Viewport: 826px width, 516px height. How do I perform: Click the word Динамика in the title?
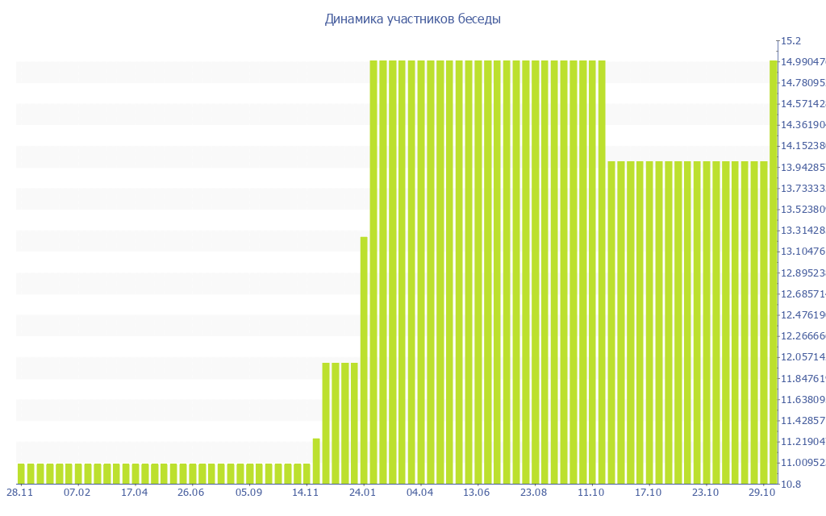(x=351, y=19)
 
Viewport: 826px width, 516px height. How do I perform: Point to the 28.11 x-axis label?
(x=20, y=492)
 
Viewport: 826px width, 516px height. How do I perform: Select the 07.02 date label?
(x=77, y=492)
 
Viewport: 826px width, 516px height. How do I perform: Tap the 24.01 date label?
(x=363, y=492)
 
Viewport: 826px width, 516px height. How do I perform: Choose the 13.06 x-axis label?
(x=477, y=492)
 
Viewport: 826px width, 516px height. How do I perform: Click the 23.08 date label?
(x=534, y=492)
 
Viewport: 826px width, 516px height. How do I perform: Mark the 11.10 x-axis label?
(x=591, y=492)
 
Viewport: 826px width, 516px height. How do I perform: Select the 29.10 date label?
(x=762, y=492)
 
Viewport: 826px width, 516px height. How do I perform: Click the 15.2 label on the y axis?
(x=790, y=40)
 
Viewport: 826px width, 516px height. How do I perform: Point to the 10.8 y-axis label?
(x=790, y=484)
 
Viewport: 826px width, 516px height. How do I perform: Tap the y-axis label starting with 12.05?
(x=802, y=357)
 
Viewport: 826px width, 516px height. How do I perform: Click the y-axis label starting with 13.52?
(x=802, y=209)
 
